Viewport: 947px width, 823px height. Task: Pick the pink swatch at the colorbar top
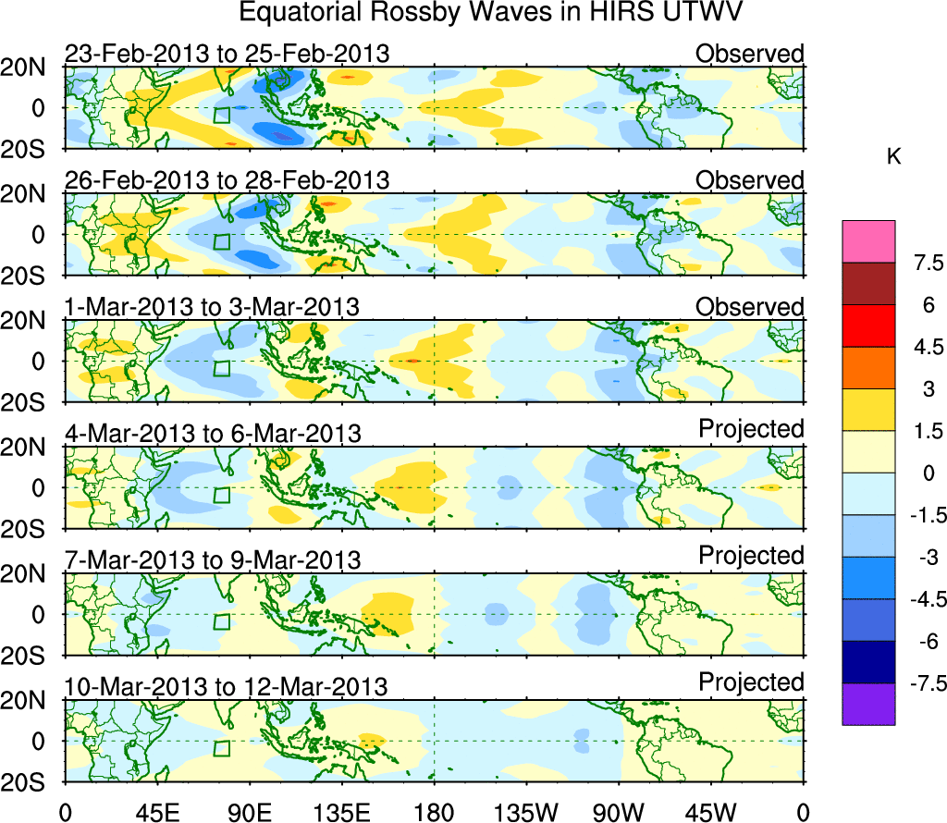(868, 241)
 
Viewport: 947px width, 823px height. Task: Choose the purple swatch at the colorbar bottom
(868, 704)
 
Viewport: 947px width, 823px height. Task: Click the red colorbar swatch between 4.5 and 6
(868, 326)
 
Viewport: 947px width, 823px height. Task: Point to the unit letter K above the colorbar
(893, 158)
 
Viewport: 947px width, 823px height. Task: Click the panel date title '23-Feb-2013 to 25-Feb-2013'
(228, 53)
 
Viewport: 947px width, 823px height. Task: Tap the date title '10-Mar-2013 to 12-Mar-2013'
(228, 686)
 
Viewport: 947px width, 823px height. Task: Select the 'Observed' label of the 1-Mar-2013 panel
(750, 306)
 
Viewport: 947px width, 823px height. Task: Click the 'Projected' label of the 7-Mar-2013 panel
(751, 556)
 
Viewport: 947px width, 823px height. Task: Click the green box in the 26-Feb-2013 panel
(221, 241)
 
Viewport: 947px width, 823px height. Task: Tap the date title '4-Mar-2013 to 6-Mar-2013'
(213, 433)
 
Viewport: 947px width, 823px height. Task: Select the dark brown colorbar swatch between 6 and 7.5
(868, 284)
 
